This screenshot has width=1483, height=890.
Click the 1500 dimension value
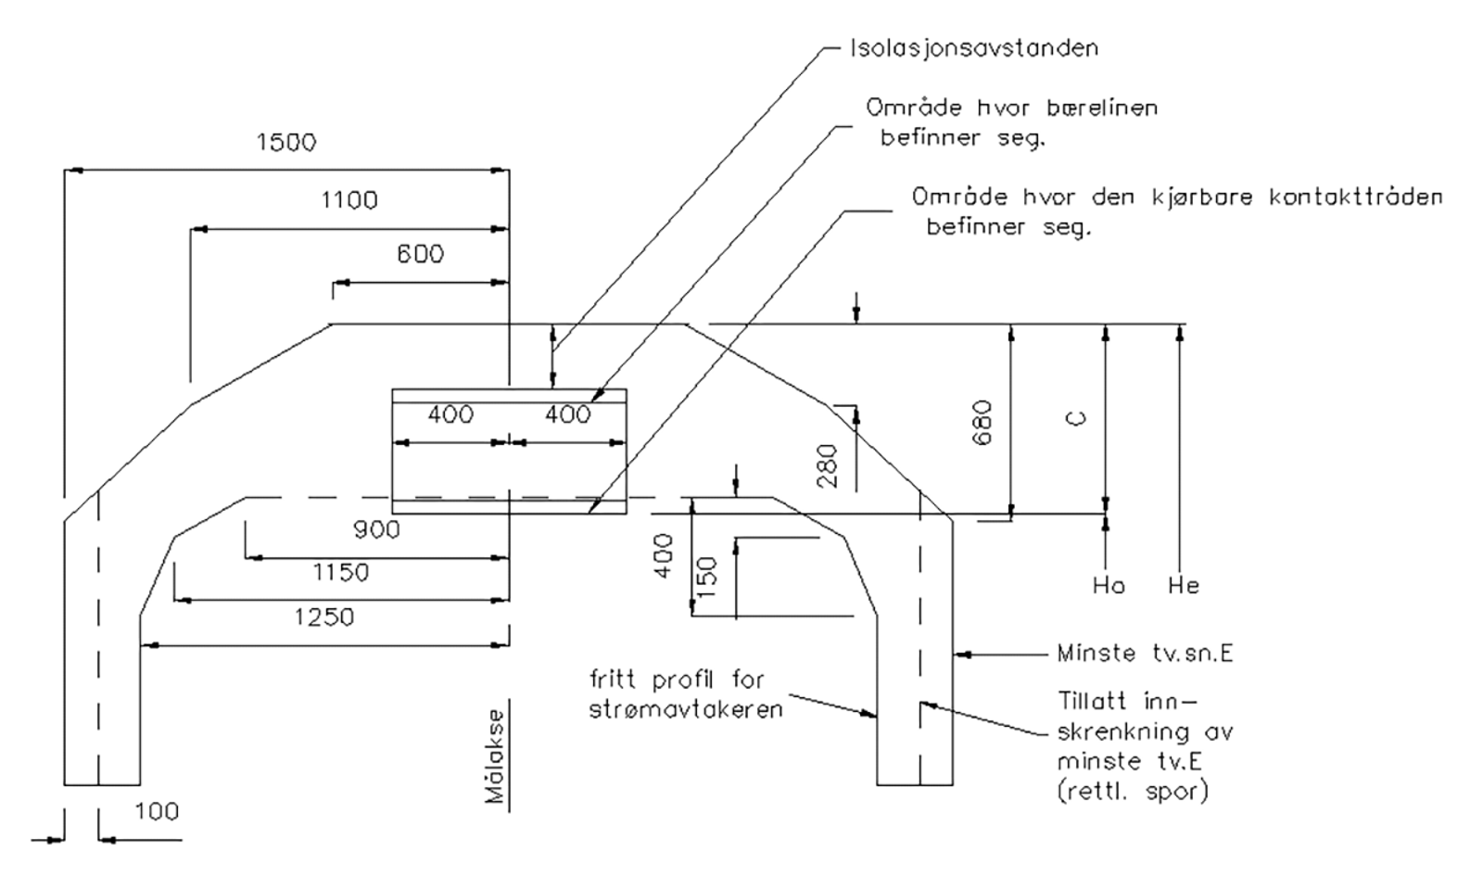tap(286, 142)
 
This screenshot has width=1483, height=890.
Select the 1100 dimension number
tap(349, 200)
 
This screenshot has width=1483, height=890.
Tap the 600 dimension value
tap(420, 254)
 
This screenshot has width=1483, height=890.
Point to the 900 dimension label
tap(376, 530)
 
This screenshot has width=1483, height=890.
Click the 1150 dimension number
tap(340, 573)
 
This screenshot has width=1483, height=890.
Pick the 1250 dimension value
tap(324, 617)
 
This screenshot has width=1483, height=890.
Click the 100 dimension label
tap(157, 812)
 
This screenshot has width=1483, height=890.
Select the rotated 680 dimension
tap(982, 422)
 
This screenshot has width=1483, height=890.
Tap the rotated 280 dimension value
tap(828, 466)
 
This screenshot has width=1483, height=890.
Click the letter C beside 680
tap(1077, 419)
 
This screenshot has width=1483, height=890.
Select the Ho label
tap(1109, 586)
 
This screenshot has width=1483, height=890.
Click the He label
tap(1184, 586)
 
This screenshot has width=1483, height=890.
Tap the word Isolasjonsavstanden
tap(974, 48)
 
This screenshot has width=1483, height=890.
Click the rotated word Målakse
tap(496, 756)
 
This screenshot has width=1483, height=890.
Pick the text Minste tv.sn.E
tap(1145, 654)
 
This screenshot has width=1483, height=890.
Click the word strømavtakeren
tap(686, 710)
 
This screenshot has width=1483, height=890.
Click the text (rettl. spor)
tap(1133, 792)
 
